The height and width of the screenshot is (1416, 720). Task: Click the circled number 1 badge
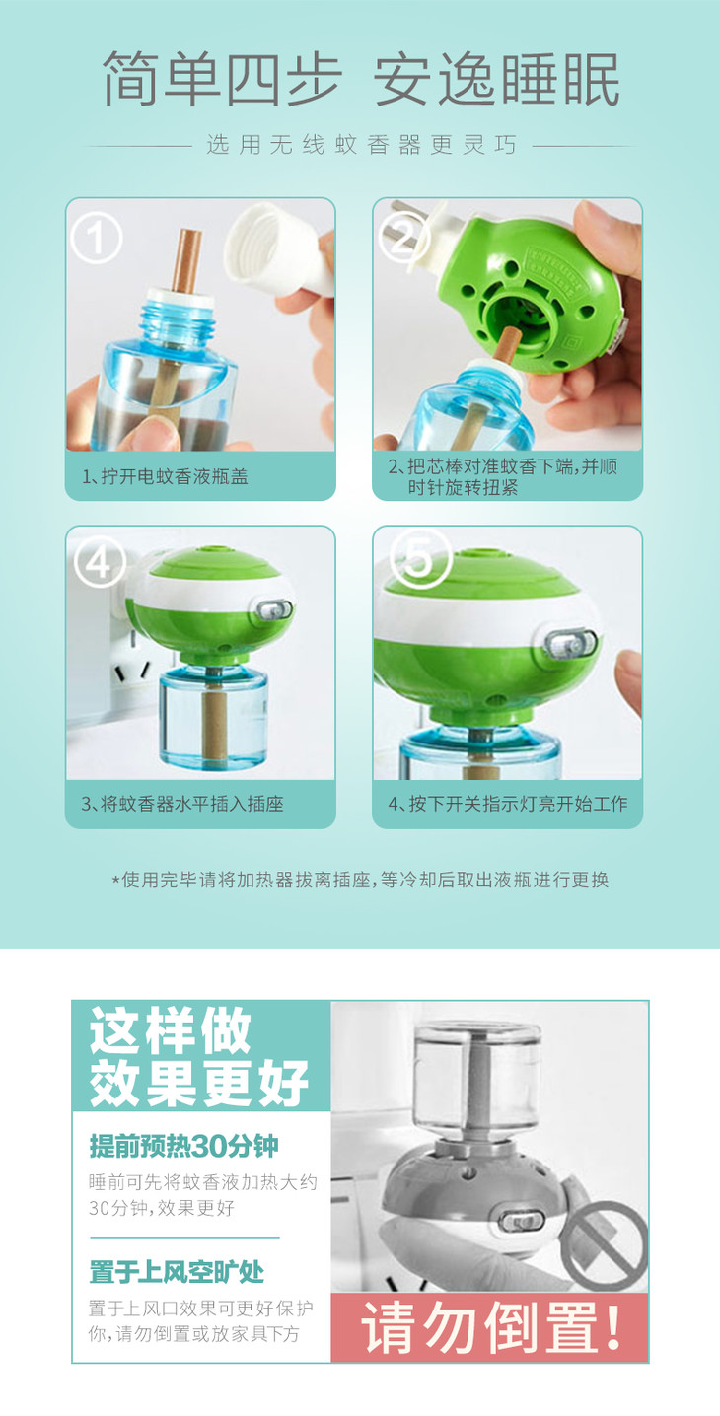click(x=96, y=239)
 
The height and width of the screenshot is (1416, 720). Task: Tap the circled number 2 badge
click(x=404, y=239)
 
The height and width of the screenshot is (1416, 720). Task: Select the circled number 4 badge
click(x=100, y=561)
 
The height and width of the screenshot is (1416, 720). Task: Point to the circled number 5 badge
click(x=420, y=557)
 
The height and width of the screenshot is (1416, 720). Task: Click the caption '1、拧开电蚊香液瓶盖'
click(x=165, y=476)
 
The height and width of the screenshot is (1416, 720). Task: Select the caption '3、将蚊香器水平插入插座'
click(x=182, y=804)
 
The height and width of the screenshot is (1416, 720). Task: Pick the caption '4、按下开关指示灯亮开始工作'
click(x=508, y=804)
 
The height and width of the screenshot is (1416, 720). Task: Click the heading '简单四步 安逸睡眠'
click(x=361, y=79)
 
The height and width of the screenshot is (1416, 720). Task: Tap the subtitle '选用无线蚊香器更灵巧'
click(x=361, y=145)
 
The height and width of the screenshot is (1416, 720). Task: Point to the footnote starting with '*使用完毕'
click(x=360, y=880)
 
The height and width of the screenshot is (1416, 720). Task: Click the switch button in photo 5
click(x=570, y=643)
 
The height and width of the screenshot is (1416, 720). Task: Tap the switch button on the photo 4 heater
click(x=274, y=609)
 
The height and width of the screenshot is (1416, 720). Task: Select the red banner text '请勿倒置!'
click(x=490, y=1326)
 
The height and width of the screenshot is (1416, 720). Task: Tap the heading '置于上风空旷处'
click(x=177, y=1272)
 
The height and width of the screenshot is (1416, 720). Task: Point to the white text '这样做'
click(x=171, y=1031)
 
